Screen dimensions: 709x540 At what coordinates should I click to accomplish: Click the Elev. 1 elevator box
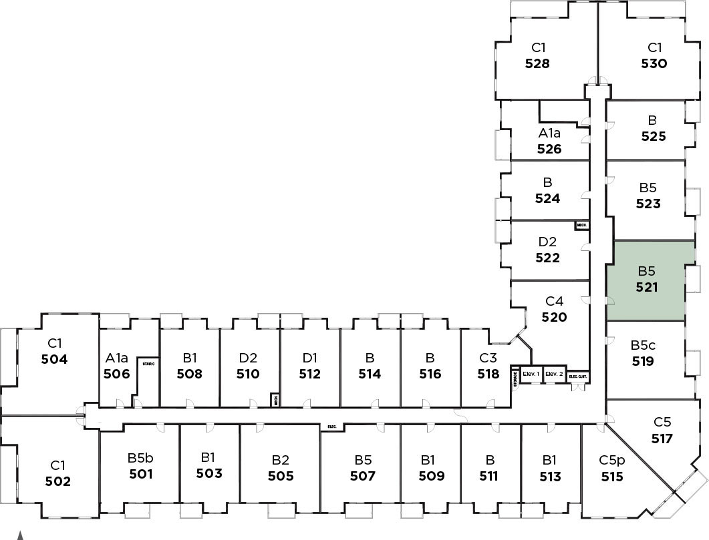coord(531,374)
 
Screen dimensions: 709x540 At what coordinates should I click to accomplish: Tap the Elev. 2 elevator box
coord(555,374)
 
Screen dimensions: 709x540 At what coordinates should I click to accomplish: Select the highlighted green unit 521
coord(646,280)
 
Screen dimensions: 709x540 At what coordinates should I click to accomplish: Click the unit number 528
coord(537,64)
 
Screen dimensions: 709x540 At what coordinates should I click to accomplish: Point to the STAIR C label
coord(148,363)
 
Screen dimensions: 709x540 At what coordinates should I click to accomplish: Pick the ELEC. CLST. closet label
coord(578,376)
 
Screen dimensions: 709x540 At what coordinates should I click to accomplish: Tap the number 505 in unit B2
coord(281,476)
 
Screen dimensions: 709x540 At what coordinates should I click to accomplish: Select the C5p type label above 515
coord(611,460)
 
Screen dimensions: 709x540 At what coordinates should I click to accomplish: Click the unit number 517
coord(662,439)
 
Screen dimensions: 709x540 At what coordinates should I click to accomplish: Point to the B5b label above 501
coord(140,459)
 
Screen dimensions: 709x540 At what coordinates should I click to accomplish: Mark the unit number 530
coord(654,64)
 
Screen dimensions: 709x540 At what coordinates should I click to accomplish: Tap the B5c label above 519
coord(643,346)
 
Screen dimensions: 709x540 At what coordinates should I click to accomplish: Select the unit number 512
coord(309,374)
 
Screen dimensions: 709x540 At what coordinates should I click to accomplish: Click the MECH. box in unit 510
coord(275,400)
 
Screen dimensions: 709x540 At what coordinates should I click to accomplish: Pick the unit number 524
coord(547,198)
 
